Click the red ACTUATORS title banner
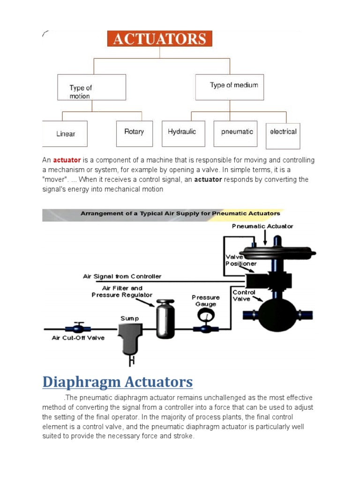160,38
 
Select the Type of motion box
91,87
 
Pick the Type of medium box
230,87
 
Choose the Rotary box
134,133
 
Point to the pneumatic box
237,133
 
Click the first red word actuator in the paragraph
67,160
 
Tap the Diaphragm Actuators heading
117,382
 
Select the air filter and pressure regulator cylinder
165,319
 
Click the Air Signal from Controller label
122,277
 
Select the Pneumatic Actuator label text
262,226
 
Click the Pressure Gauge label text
205,300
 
